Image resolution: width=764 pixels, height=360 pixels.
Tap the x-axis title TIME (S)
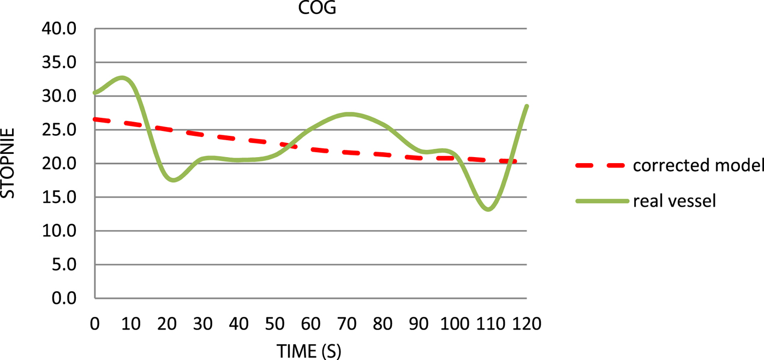point(309,351)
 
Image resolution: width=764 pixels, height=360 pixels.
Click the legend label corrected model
point(698,166)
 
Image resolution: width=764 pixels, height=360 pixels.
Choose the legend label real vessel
point(674,201)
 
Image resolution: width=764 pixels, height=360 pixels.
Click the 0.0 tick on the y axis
point(64,299)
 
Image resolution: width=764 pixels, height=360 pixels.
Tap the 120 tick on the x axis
point(526,324)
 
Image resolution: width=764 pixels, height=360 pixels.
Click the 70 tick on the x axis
point(347,324)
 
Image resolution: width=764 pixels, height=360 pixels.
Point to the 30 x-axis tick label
point(202,324)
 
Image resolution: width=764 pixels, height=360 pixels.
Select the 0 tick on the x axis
point(95,324)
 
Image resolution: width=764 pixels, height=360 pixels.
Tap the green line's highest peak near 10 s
point(123,77)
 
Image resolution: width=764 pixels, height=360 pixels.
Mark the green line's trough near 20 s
point(174,180)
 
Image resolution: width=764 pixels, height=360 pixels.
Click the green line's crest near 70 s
point(349,114)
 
